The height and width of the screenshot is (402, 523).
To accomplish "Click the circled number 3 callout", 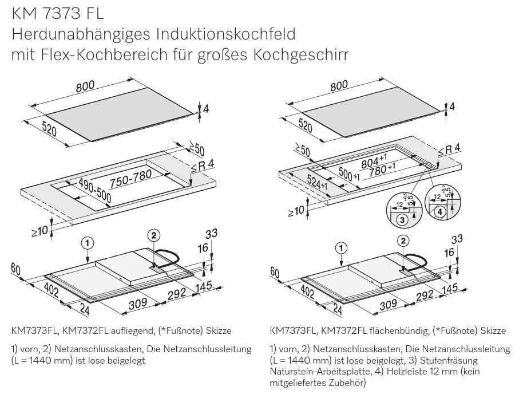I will pos(403,219).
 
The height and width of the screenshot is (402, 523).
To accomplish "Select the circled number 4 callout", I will pos(439,212).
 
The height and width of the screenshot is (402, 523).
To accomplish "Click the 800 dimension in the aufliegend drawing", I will pos(85,86).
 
